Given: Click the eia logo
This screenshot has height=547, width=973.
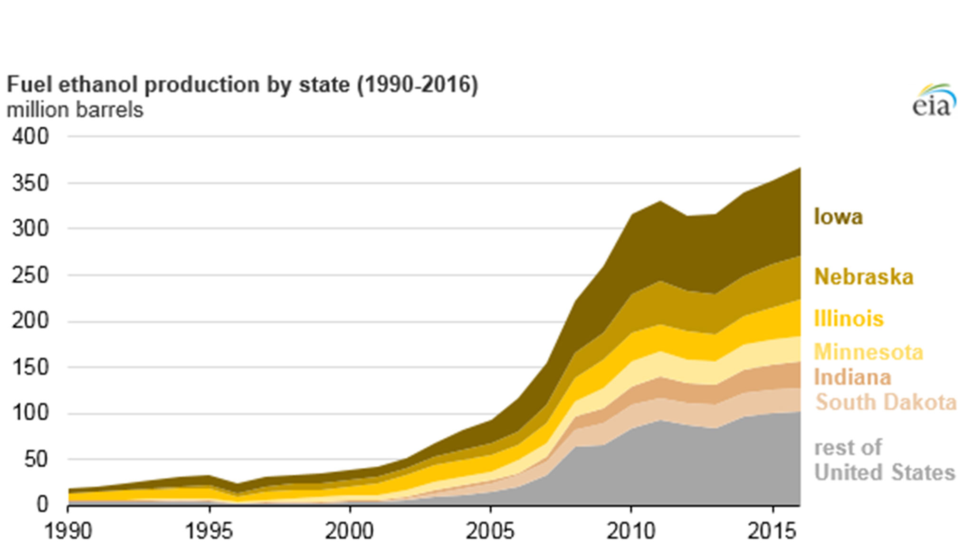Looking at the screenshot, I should (x=933, y=101).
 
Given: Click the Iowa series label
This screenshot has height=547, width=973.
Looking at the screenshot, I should (x=838, y=217).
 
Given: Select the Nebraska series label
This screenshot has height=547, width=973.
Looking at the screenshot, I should (x=864, y=277).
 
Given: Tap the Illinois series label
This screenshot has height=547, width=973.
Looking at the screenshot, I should (x=849, y=319).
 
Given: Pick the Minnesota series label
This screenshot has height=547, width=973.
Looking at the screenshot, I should (x=868, y=352).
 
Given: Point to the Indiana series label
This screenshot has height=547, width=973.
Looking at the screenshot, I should (x=852, y=377).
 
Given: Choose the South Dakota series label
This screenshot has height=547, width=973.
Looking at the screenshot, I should (x=886, y=403).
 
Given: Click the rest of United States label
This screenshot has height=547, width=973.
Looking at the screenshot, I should (x=884, y=460).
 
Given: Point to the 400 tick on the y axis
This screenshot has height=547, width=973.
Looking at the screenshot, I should (x=30, y=137).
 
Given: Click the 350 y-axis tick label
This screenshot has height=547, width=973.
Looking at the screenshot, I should (x=30, y=183).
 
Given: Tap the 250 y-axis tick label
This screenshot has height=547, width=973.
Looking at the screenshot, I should (x=30, y=275).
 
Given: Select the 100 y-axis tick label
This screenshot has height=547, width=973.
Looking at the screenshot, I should (x=30, y=414).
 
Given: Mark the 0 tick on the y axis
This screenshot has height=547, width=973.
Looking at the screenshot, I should (x=42, y=504).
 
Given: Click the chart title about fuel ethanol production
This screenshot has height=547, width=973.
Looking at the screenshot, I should (x=242, y=85).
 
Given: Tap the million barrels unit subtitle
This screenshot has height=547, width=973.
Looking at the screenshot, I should (x=75, y=110).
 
